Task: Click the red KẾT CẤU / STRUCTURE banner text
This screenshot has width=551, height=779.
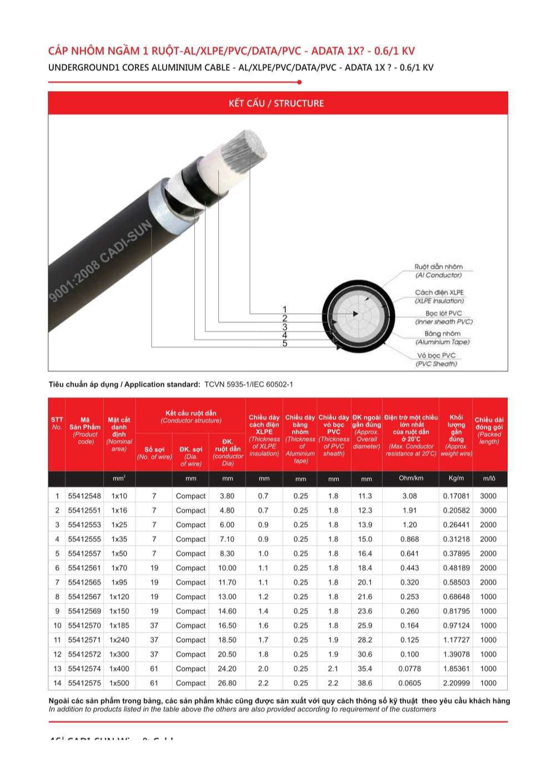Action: coord(276,103)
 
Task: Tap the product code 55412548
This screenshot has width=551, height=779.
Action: coord(84,496)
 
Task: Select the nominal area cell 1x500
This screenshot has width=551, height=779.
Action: coord(119,683)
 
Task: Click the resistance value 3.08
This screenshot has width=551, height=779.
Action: coord(409,496)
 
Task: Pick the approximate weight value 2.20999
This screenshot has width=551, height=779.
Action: coord(456,683)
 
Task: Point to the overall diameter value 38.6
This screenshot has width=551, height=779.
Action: coord(365,683)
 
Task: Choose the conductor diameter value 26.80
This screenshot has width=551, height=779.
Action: coord(227,683)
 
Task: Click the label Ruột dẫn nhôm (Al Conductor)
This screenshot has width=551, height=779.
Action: coord(438,271)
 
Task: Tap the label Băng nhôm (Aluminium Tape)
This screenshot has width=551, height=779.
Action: coord(442,338)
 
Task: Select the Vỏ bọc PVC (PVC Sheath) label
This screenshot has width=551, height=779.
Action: coord(437,359)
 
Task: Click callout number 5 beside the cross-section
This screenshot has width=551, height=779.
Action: coord(285,344)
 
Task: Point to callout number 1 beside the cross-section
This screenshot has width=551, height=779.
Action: coord(285,310)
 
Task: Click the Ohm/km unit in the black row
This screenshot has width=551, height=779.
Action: coord(411,478)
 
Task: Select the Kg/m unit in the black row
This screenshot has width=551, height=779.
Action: coord(456,478)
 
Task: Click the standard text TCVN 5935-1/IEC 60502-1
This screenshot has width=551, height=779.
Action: coord(248,384)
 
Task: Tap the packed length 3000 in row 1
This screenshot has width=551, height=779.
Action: coord(488,496)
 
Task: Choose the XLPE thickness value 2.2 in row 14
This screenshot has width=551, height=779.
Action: coord(263,683)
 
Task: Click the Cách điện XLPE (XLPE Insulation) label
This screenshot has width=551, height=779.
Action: coord(439,296)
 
